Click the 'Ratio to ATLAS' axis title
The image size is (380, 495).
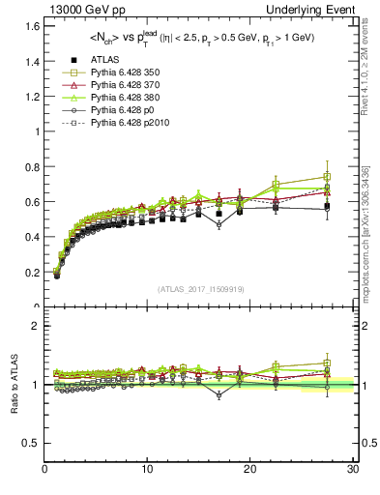[x=14, y=384]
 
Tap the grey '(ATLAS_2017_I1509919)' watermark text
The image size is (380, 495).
[x=199, y=288]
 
